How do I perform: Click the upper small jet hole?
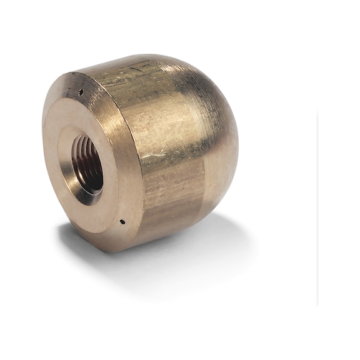(x=81, y=92)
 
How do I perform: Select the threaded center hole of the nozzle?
(x=87, y=164)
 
